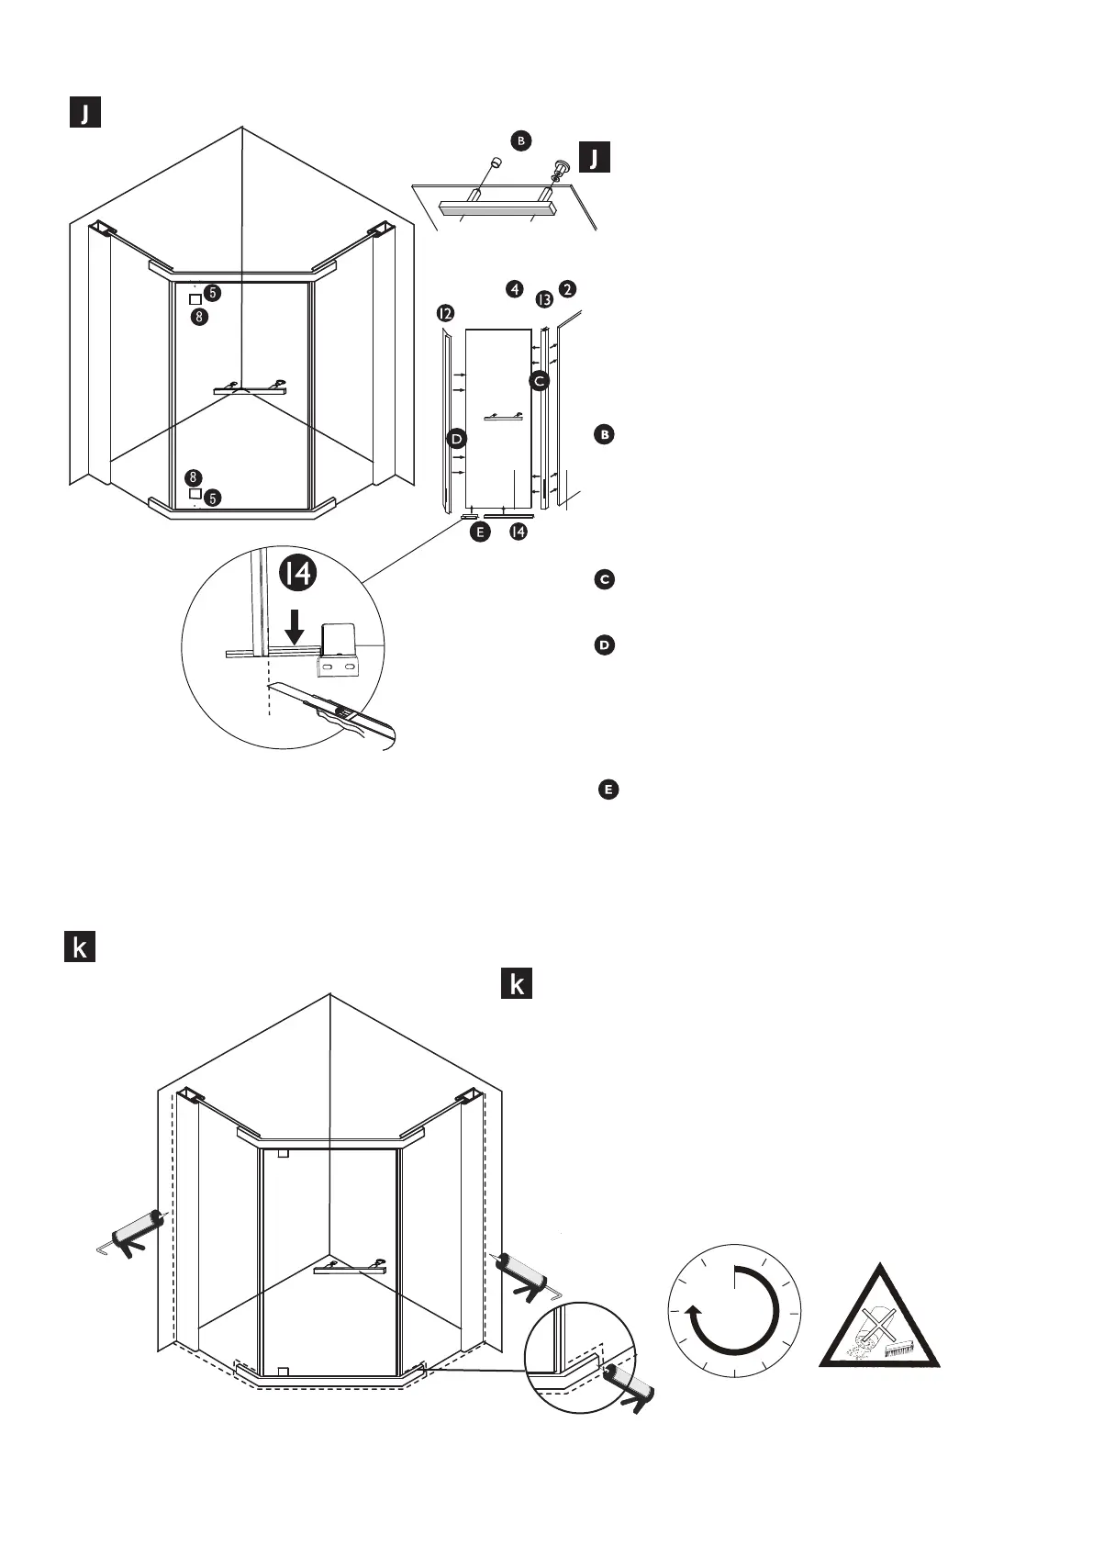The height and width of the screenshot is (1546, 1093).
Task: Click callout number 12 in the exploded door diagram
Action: [x=445, y=314]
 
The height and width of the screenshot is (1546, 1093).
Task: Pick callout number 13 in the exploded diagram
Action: [x=544, y=299]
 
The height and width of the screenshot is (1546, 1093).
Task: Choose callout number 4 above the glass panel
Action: [x=515, y=289]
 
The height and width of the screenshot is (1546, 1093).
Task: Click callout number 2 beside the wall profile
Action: [x=568, y=289]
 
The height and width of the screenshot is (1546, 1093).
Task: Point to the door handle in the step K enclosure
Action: [x=349, y=1268]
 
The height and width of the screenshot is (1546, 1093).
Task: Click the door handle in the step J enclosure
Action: [x=250, y=387]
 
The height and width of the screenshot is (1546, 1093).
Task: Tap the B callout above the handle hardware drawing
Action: [x=521, y=140]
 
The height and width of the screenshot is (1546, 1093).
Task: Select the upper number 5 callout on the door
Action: [x=212, y=293]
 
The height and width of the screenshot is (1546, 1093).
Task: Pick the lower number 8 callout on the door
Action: [x=192, y=477]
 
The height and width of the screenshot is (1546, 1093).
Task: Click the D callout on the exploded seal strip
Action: [x=456, y=439]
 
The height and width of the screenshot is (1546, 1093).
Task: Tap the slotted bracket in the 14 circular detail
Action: [x=340, y=661]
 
